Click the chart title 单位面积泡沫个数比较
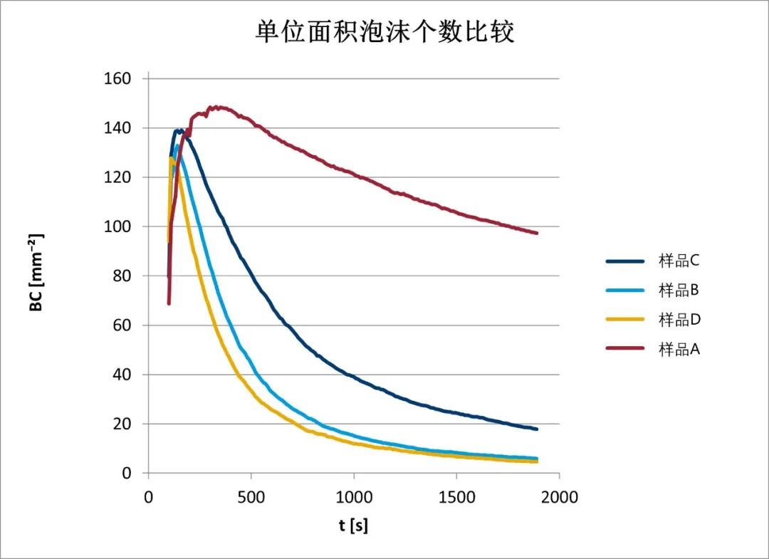(x=384, y=33)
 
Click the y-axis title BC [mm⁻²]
(x=36, y=273)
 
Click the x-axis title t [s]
(x=353, y=526)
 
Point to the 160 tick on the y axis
(x=118, y=78)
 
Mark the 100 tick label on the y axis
(x=118, y=226)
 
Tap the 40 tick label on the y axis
(x=122, y=375)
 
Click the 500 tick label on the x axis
(x=251, y=497)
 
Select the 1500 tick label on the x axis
(x=456, y=497)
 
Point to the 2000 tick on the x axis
(x=559, y=497)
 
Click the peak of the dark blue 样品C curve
(x=177, y=130)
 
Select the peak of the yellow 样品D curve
(x=171, y=158)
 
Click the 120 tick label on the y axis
(x=118, y=177)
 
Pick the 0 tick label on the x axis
(x=148, y=497)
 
